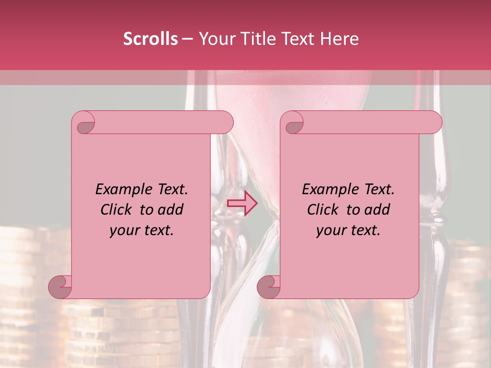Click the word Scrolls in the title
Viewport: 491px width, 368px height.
point(150,39)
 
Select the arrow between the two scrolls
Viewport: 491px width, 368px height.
point(242,203)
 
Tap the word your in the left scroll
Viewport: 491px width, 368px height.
point(124,231)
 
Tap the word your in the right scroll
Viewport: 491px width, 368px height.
point(331,231)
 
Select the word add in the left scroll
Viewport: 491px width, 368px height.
point(170,210)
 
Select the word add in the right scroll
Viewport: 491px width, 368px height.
point(377,210)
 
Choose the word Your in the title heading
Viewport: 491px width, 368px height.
point(215,39)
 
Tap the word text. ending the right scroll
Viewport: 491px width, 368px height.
point(364,231)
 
